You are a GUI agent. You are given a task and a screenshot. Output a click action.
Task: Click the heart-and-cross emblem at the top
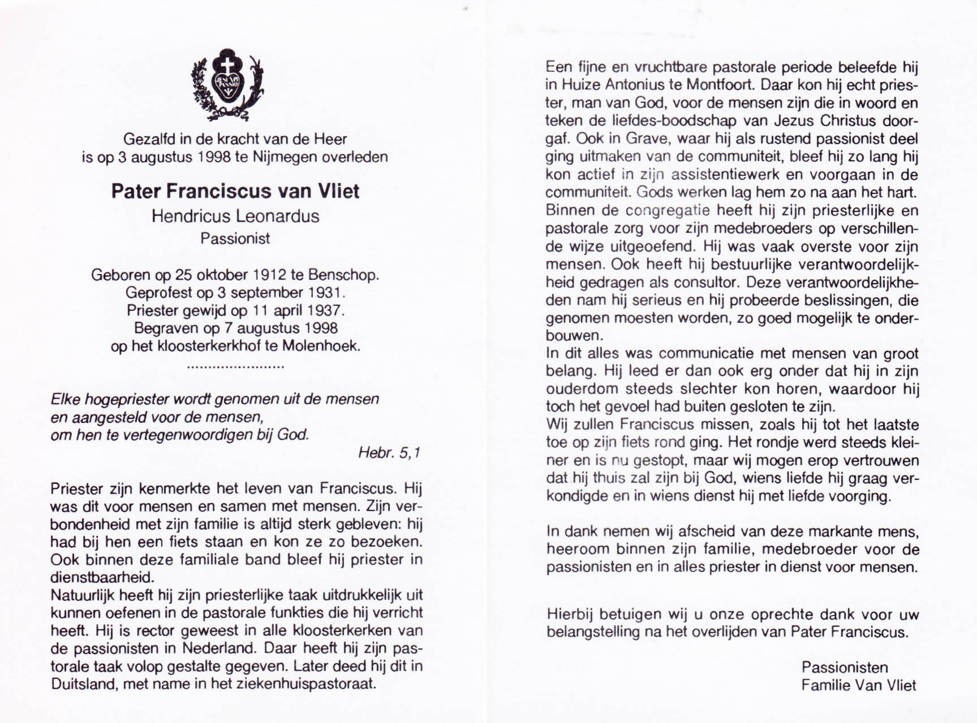click(228, 84)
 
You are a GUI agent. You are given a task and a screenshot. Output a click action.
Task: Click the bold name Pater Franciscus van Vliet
click(235, 191)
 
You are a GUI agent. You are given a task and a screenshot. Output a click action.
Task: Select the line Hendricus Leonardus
click(235, 217)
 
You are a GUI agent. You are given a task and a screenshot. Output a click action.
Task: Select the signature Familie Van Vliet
click(858, 685)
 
